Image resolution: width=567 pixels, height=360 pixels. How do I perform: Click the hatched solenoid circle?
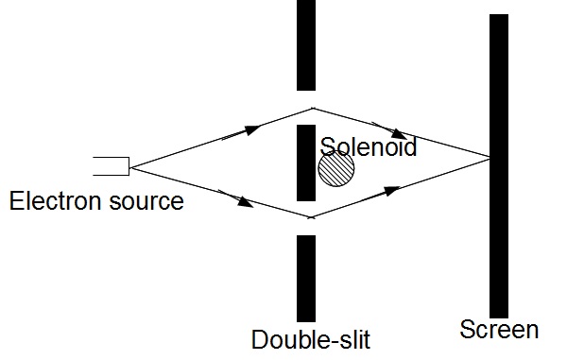pyautogui.click(x=335, y=170)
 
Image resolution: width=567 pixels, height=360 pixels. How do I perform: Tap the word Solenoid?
pyautogui.click(x=368, y=146)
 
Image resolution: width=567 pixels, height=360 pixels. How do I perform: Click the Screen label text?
pyautogui.click(x=499, y=330)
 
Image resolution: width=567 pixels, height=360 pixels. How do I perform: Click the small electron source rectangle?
pyautogui.click(x=111, y=166)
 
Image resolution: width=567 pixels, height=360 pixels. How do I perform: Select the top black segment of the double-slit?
pyautogui.click(x=305, y=43)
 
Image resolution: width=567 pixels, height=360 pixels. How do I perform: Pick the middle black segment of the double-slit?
pyautogui.click(x=305, y=162)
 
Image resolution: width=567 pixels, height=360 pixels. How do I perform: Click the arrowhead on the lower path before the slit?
pyautogui.click(x=247, y=202)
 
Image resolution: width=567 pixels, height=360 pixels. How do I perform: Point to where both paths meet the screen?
pyautogui.click(x=490, y=156)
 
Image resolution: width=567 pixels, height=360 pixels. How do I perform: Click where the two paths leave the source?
pyautogui.click(x=129, y=167)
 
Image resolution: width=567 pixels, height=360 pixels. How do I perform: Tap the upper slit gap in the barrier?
pyautogui.click(x=305, y=107)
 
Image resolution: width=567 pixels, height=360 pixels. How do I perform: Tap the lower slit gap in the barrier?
pyautogui.click(x=305, y=218)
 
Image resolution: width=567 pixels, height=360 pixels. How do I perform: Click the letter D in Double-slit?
pyautogui.click(x=260, y=339)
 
